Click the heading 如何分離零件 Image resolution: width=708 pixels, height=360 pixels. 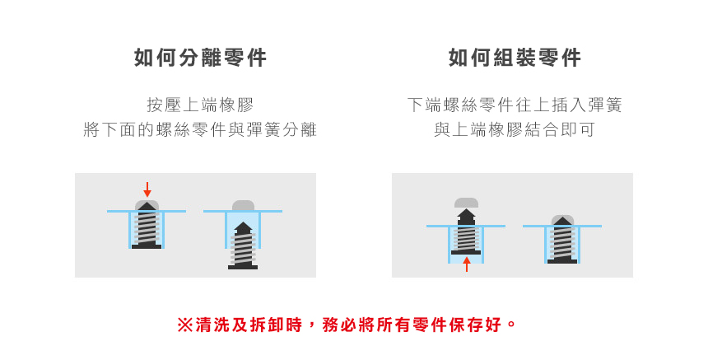[x=200, y=58]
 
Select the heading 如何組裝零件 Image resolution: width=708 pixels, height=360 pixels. [x=515, y=58]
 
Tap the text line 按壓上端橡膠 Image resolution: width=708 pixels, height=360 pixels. [x=200, y=105]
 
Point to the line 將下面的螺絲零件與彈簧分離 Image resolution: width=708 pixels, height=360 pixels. [x=200, y=130]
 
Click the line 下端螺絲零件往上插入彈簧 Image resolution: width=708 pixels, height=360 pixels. [x=515, y=105]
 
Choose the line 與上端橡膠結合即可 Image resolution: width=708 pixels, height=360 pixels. [x=515, y=130]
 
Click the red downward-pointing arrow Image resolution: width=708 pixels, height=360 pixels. [x=147, y=189]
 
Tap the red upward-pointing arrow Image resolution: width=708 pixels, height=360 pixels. [x=466, y=264]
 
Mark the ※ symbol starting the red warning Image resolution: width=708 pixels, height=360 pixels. [x=184, y=325]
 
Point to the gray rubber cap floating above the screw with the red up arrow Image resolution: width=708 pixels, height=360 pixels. [x=466, y=203]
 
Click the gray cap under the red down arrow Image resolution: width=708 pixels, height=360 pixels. [x=147, y=204]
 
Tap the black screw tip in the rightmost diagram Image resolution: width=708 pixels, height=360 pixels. [x=562, y=221]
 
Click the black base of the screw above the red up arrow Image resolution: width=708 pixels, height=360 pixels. [x=466, y=252]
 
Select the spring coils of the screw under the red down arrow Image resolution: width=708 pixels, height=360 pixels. [x=147, y=227]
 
